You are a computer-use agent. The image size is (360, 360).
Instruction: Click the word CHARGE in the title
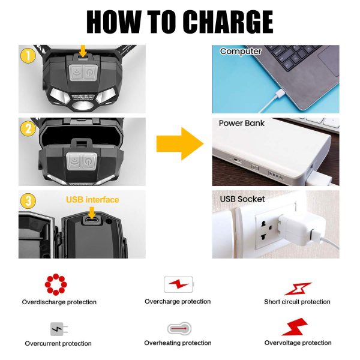(228, 22)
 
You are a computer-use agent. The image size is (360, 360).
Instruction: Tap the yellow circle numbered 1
(28, 56)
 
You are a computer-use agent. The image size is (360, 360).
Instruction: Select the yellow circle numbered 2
(28, 128)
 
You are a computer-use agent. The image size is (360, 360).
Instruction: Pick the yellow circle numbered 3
(28, 201)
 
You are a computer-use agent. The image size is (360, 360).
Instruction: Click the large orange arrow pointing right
(180, 144)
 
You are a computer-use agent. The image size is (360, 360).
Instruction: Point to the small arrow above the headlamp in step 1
(83, 51)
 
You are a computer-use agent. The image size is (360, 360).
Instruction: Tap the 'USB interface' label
(92, 200)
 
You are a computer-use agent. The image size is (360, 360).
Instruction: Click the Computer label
(241, 52)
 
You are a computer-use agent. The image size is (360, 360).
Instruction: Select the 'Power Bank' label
(242, 123)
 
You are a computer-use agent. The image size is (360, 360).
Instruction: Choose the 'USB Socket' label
(242, 199)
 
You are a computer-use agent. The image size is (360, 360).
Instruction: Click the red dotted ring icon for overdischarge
(56, 284)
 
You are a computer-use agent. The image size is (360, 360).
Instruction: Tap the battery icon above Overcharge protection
(179, 284)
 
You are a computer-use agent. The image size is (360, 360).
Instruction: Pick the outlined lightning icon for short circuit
(298, 289)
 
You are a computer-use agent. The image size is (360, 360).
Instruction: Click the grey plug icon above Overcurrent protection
(59, 329)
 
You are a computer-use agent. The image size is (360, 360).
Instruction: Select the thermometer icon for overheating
(179, 329)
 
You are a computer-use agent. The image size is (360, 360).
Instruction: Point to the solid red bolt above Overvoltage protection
(295, 327)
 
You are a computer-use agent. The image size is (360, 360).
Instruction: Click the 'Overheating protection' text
(178, 343)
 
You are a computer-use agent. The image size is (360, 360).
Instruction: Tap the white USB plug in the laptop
(280, 94)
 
